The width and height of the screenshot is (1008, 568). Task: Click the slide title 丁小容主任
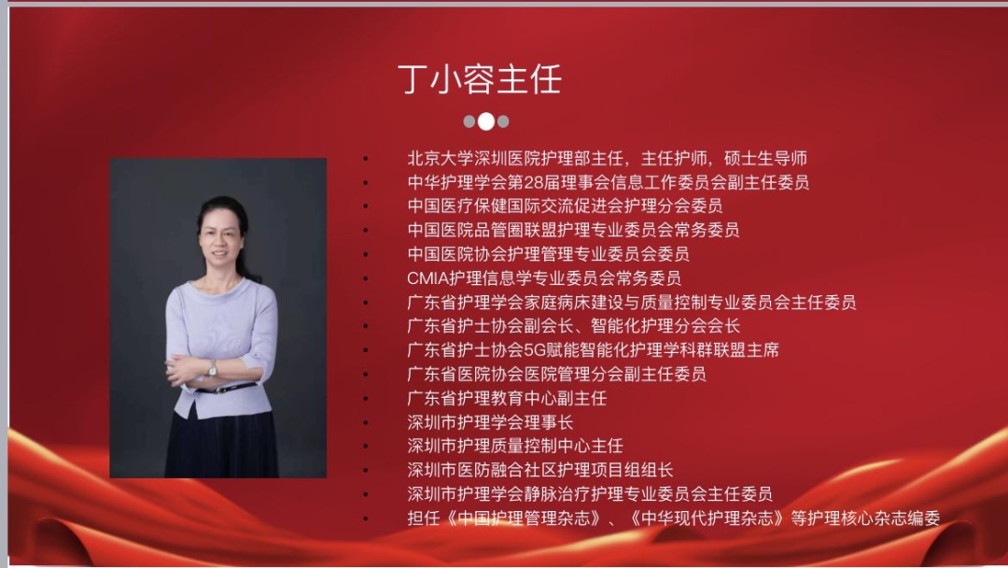tap(480, 79)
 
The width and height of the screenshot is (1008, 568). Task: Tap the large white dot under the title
tap(486, 121)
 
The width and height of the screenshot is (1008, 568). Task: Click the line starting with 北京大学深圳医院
tap(607, 158)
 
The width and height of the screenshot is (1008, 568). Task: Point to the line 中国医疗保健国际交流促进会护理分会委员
tap(565, 206)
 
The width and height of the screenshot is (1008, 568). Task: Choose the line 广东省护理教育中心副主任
tap(507, 398)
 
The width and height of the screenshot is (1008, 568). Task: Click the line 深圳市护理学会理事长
tap(490, 422)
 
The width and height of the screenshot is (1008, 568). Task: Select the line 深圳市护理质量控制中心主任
tap(515, 446)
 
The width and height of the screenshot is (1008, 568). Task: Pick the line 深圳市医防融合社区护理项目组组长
tap(540, 470)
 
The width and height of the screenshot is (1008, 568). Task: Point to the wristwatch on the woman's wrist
tap(213, 368)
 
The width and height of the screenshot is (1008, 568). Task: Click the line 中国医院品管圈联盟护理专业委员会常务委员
tap(573, 230)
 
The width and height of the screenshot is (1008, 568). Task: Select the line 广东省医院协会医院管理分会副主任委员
tap(556, 374)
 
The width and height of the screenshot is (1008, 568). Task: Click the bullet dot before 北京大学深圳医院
tap(366, 159)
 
